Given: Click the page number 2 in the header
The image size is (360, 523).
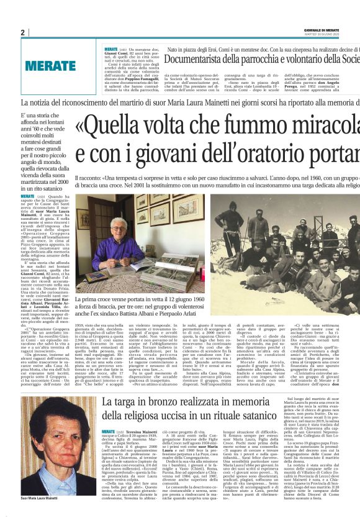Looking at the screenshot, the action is point(23,32).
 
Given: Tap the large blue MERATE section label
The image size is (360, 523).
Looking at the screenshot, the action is point(50,65).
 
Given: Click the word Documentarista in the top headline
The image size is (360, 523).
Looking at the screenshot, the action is point(199,60).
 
